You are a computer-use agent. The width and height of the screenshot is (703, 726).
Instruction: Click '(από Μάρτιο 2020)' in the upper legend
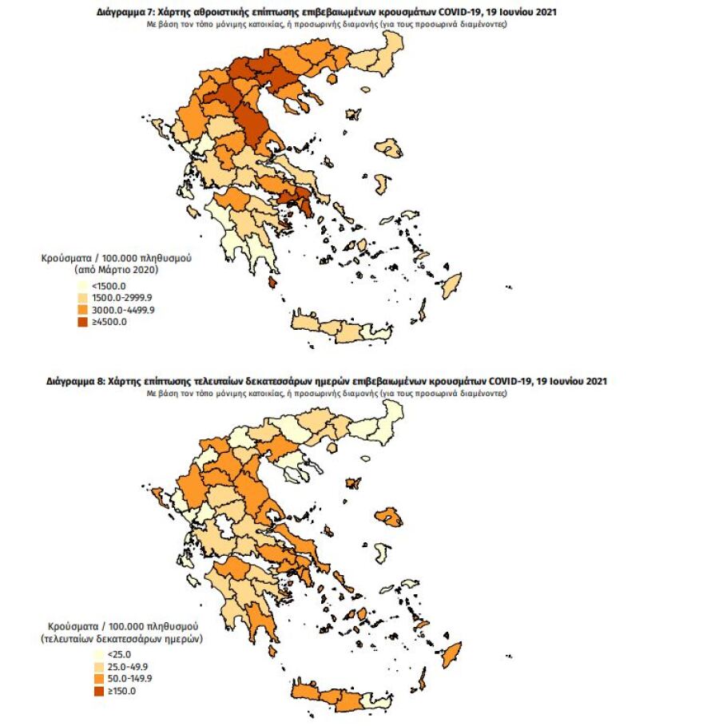click(112, 271)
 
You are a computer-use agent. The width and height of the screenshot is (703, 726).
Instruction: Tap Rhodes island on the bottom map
click(451, 657)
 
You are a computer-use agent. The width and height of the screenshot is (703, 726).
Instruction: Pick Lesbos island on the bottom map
click(390, 518)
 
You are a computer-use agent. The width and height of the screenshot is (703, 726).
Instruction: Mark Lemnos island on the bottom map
click(351, 483)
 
